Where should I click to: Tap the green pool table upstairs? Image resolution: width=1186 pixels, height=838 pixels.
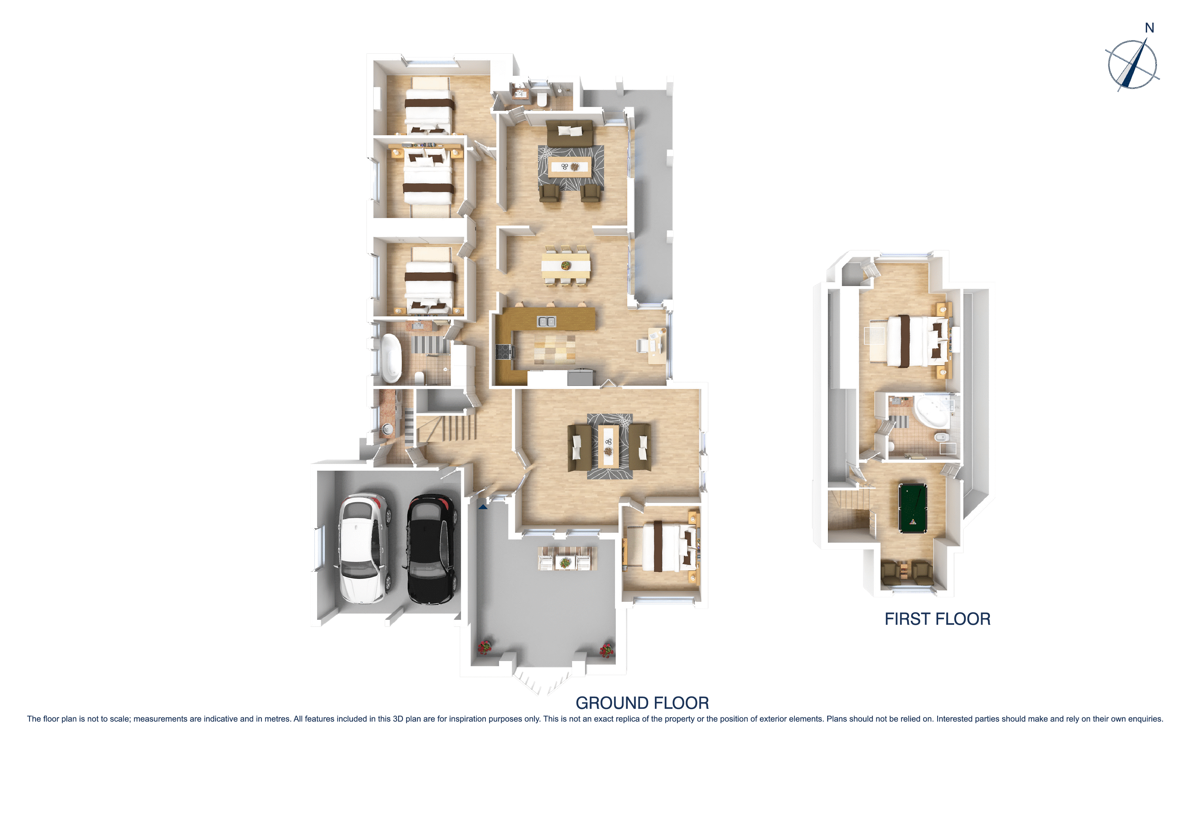pos(912,508)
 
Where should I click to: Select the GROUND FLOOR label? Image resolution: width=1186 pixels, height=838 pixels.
pos(642,703)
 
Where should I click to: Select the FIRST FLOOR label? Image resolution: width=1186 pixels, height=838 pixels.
pos(937,619)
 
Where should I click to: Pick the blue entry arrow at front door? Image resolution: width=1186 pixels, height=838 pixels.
pos(482,507)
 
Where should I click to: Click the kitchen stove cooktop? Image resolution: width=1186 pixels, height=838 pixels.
pos(504,352)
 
